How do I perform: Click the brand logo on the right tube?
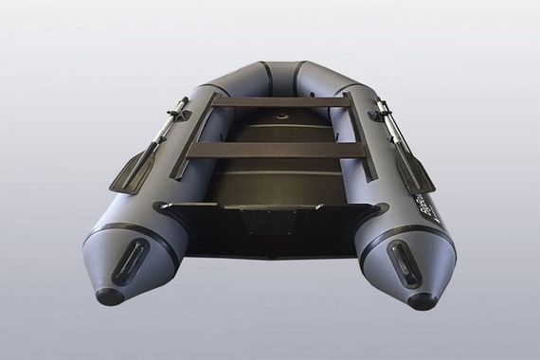(x=431, y=204)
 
